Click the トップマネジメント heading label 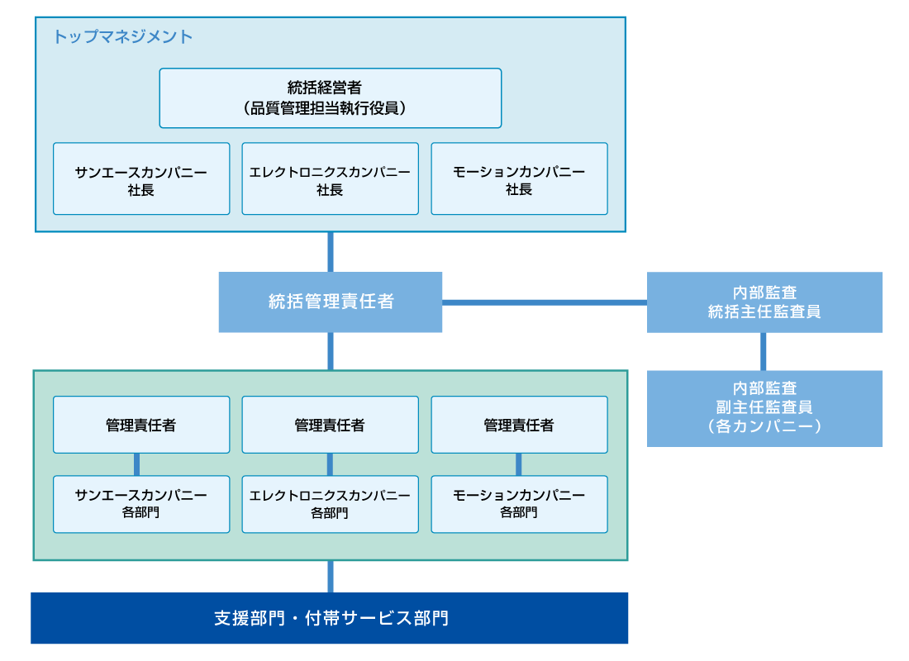click(123, 36)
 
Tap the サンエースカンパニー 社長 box click(141, 179)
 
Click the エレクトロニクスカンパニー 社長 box click(330, 179)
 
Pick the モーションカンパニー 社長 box click(519, 179)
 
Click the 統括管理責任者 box click(330, 302)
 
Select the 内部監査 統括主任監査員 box click(764, 302)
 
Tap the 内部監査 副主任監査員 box click(764, 408)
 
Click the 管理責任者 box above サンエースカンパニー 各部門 click(141, 425)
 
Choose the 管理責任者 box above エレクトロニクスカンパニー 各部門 click(330, 425)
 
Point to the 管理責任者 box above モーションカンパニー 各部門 click(519, 425)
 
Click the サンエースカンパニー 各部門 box click(141, 504)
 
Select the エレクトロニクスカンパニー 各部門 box click(330, 504)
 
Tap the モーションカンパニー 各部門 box click(519, 504)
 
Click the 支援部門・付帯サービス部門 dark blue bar click(330, 618)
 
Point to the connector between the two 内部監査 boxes click(764, 351)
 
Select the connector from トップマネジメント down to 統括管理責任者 click(331, 252)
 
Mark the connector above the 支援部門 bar click(331, 577)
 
